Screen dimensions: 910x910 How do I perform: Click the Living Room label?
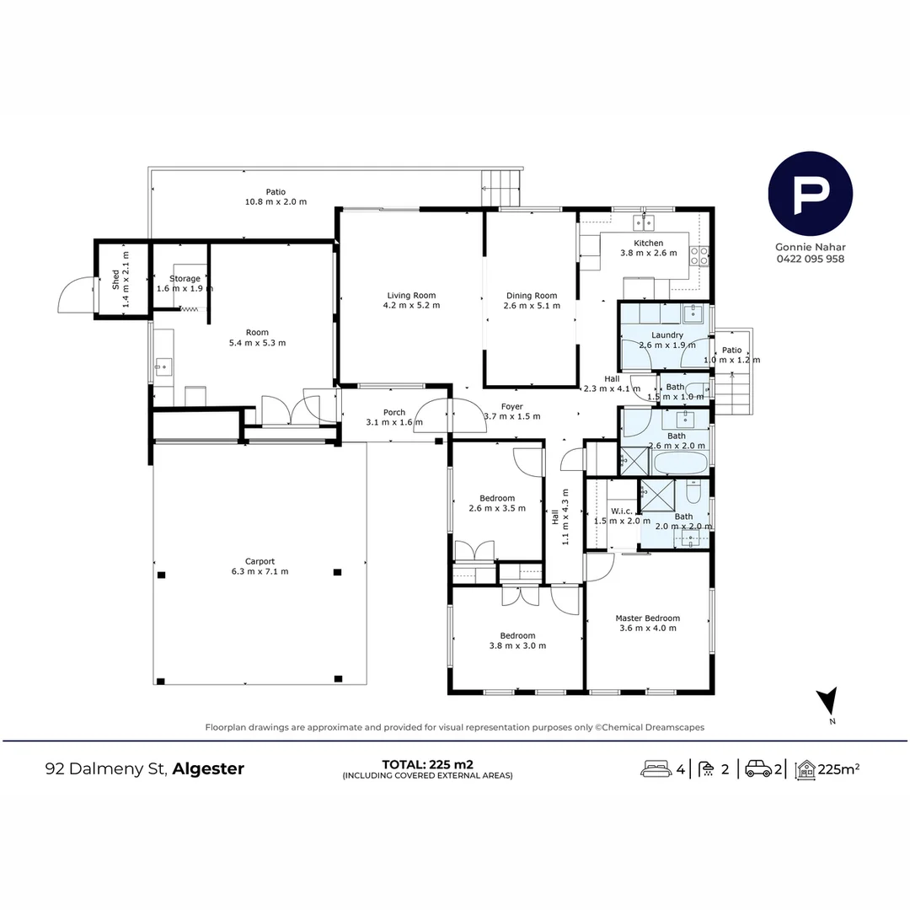point(412,295)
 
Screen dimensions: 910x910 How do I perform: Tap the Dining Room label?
point(532,295)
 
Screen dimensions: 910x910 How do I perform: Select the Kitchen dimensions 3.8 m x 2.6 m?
point(648,253)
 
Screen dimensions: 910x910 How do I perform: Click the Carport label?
point(260,561)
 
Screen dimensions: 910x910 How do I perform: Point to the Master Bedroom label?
point(647,618)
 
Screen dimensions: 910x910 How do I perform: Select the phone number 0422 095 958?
point(810,260)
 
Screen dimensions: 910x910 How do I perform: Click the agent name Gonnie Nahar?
point(810,248)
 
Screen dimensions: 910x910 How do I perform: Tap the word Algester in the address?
point(210,768)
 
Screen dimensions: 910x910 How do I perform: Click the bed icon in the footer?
point(656,768)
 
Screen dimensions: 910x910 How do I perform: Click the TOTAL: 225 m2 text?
point(427,764)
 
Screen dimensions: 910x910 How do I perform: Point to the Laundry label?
point(667,335)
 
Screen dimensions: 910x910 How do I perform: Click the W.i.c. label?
point(622,511)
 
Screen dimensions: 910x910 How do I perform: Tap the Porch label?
point(394,412)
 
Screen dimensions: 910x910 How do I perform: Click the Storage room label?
point(185,278)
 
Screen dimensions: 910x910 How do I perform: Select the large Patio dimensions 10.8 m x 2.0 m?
point(276,202)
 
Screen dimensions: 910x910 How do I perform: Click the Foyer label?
point(511,406)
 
